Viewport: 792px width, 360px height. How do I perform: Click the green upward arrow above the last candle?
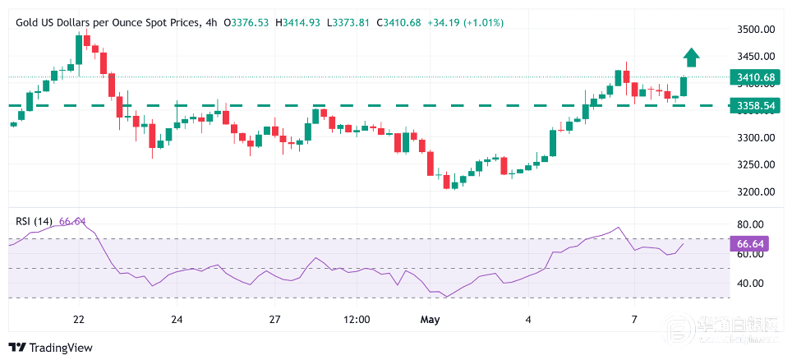pyautogui.click(x=691, y=57)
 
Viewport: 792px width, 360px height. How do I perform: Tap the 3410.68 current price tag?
pyautogui.click(x=755, y=79)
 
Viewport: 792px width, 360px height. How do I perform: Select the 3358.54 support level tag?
pyautogui.click(x=755, y=106)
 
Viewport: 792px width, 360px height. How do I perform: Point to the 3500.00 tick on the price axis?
pyautogui.click(x=756, y=30)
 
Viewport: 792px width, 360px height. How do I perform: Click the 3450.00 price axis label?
pyautogui.click(x=756, y=57)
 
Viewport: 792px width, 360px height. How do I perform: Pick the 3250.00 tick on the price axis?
pyautogui.click(x=756, y=164)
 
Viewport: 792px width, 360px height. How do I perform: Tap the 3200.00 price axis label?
pyautogui.click(x=756, y=192)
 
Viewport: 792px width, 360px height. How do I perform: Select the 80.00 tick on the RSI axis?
pyautogui.click(x=752, y=224)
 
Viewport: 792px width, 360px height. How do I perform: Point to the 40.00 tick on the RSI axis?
pyautogui.click(x=752, y=284)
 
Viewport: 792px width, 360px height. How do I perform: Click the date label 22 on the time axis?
pyautogui.click(x=79, y=319)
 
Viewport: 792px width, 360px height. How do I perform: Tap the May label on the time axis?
pyautogui.click(x=429, y=319)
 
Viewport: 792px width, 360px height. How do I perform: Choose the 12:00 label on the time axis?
pyautogui.click(x=357, y=319)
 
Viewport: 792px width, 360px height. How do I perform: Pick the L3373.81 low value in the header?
pyautogui.click(x=350, y=22)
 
